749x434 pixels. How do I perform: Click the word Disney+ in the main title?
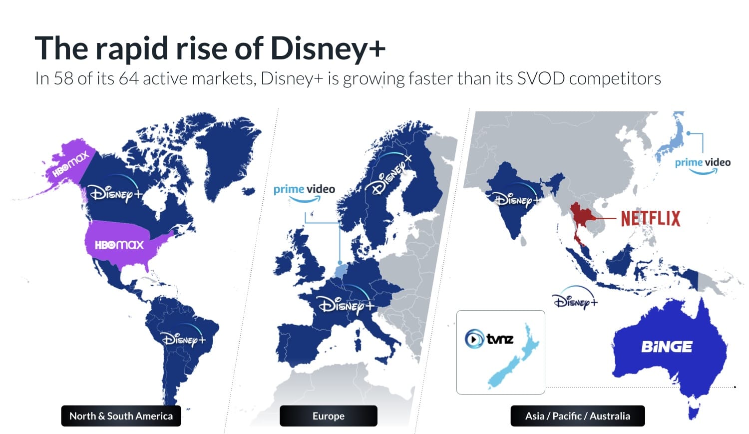328,48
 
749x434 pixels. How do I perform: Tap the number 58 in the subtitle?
63,78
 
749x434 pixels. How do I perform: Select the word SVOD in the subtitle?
540,78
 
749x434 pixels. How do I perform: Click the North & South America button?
121,416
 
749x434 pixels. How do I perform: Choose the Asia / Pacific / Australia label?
577,416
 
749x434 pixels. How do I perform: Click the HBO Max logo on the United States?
119,245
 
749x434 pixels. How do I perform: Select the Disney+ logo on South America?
183,338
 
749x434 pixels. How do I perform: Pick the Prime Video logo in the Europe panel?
304,192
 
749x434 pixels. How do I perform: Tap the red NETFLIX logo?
651,219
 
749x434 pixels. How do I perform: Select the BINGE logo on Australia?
667,347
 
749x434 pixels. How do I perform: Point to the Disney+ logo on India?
517,199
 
